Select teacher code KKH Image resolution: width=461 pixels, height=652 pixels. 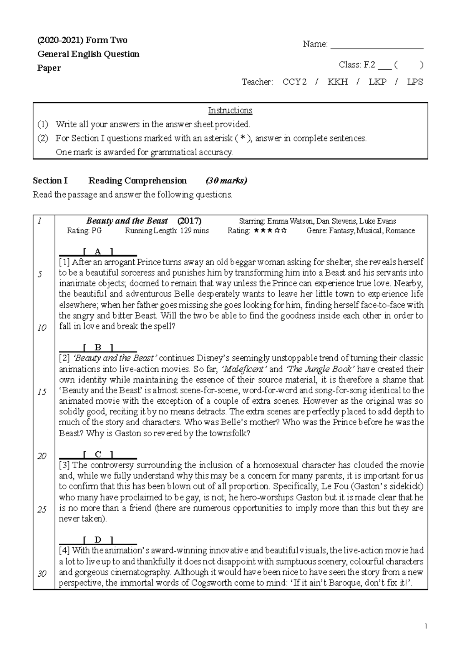[337, 82]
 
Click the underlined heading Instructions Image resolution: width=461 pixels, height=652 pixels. [230, 111]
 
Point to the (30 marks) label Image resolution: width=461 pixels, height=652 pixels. [226, 181]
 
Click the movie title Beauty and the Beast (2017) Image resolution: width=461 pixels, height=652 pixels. [144, 221]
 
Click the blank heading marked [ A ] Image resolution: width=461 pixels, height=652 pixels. [98, 252]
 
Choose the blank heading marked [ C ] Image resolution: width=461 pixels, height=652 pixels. [98, 455]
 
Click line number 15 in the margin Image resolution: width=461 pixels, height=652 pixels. [42, 392]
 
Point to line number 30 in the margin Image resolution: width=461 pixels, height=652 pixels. [42, 574]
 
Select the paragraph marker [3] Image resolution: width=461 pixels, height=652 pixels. [64, 465]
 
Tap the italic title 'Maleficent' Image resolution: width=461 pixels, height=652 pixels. [245, 369]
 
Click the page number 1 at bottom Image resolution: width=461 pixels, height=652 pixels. [426, 626]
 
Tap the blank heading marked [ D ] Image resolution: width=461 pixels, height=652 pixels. [98, 540]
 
